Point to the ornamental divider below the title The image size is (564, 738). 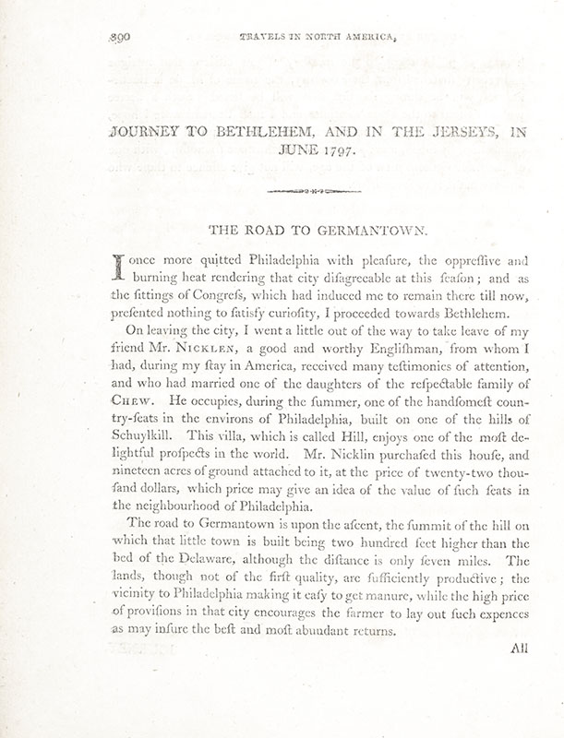(314, 192)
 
